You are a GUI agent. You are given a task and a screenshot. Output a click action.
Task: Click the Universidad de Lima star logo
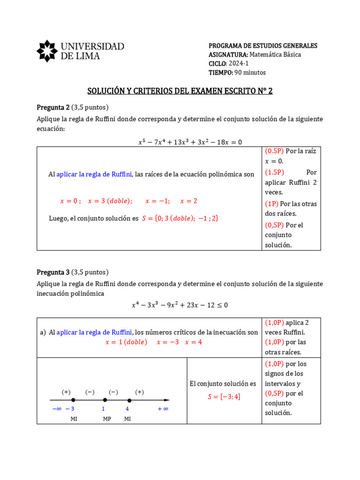click(x=47, y=51)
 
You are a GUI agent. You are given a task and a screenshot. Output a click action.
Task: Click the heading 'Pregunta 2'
click(x=53, y=107)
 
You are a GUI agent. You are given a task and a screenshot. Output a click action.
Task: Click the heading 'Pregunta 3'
click(x=53, y=272)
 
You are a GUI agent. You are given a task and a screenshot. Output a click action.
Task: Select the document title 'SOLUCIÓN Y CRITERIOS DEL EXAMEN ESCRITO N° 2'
click(x=180, y=91)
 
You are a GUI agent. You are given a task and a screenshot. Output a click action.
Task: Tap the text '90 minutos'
click(x=250, y=72)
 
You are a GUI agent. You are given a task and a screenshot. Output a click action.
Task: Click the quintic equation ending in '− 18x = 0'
click(x=190, y=142)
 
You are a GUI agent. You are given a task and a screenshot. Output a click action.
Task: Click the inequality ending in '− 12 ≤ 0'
click(x=180, y=305)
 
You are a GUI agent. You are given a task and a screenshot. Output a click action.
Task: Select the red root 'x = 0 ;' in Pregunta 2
click(x=70, y=201)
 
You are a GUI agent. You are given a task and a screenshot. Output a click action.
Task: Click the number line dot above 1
click(x=105, y=400)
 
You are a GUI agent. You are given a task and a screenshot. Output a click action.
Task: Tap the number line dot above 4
click(x=129, y=400)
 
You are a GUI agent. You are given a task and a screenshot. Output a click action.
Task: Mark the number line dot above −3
click(x=73, y=400)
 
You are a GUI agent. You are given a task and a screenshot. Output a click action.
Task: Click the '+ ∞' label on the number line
click(x=163, y=409)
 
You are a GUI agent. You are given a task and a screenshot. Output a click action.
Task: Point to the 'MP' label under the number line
click(x=107, y=419)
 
